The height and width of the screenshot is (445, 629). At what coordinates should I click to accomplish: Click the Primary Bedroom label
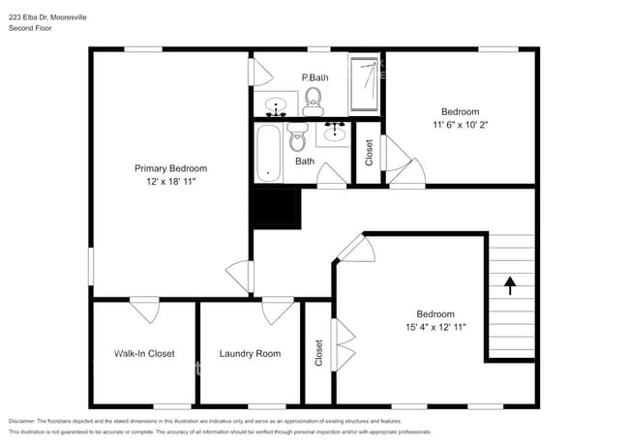click(170, 168)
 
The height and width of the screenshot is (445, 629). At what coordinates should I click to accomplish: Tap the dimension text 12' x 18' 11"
click(170, 181)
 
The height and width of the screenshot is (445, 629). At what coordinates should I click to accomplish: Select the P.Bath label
click(313, 77)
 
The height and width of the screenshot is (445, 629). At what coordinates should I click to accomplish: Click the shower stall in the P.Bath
click(365, 84)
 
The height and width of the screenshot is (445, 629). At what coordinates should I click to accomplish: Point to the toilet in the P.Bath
click(313, 99)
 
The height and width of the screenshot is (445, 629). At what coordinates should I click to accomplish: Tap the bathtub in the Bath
click(268, 153)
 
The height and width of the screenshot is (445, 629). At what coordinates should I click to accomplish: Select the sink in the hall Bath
click(335, 132)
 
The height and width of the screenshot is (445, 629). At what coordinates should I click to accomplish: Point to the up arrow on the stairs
click(509, 284)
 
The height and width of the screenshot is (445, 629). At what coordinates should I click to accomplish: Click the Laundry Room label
click(250, 354)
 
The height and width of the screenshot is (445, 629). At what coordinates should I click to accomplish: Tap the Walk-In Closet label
click(144, 354)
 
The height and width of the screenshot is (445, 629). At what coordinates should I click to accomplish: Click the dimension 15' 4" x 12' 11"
click(435, 327)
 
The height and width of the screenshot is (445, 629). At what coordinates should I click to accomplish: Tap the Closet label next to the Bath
click(369, 154)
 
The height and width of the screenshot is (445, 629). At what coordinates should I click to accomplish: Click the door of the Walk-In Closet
click(145, 311)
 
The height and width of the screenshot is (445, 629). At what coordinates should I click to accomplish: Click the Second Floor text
click(30, 29)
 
